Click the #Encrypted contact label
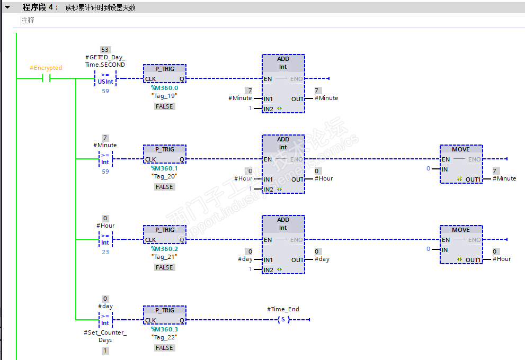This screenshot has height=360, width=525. [46, 68]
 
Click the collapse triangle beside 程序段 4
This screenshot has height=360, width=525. [7, 7]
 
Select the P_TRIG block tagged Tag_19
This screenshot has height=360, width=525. [164, 74]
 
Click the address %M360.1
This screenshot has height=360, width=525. [164, 168]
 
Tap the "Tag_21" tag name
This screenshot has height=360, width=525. [164, 256]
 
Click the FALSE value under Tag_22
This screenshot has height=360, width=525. [164, 348]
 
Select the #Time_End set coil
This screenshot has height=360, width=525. [283, 320]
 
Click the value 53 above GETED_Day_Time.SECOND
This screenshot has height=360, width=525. [105, 50]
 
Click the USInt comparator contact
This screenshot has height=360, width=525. [105, 79]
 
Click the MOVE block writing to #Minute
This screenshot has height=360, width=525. [461, 164]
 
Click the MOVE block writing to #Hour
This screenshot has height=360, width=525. [461, 245]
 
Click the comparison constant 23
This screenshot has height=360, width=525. [105, 252]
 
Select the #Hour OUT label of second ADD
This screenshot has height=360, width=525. [323, 178]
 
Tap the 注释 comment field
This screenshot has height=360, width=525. [28, 20]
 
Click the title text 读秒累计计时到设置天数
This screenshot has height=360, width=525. [100, 7]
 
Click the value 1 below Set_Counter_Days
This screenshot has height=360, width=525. [105, 350]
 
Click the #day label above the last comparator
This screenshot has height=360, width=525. [105, 306]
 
